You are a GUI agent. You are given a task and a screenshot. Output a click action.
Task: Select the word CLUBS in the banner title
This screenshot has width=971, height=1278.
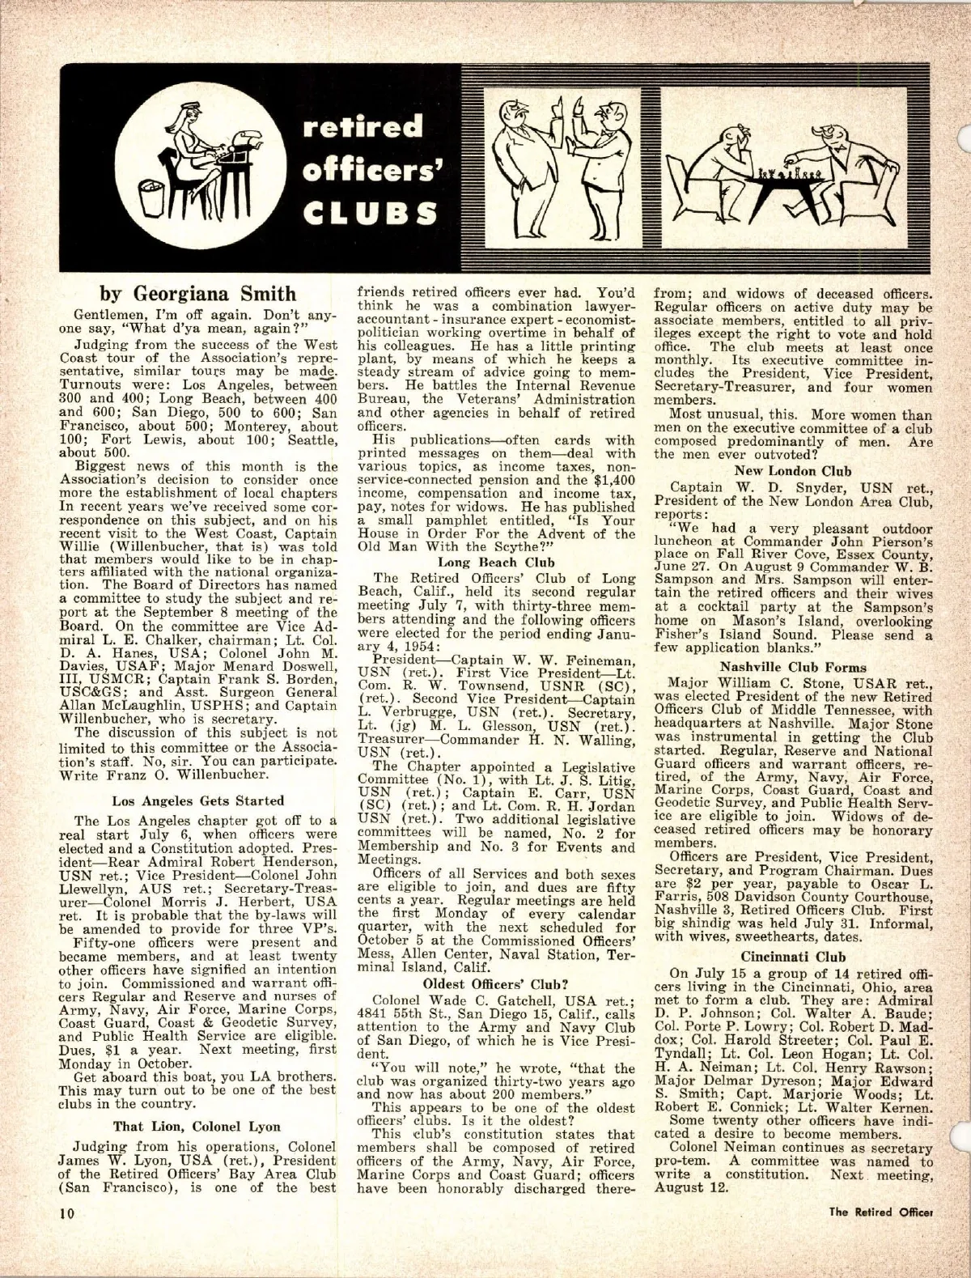point(367,212)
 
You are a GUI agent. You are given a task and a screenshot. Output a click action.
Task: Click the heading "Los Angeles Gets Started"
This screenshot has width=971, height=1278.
point(198,800)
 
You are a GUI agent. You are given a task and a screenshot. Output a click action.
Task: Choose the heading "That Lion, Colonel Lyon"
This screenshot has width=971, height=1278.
point(198,1125)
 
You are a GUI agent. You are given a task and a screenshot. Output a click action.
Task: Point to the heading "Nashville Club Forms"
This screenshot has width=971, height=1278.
point(793,667)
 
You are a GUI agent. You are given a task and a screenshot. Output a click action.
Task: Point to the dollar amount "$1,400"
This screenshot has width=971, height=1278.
point(615,492)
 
